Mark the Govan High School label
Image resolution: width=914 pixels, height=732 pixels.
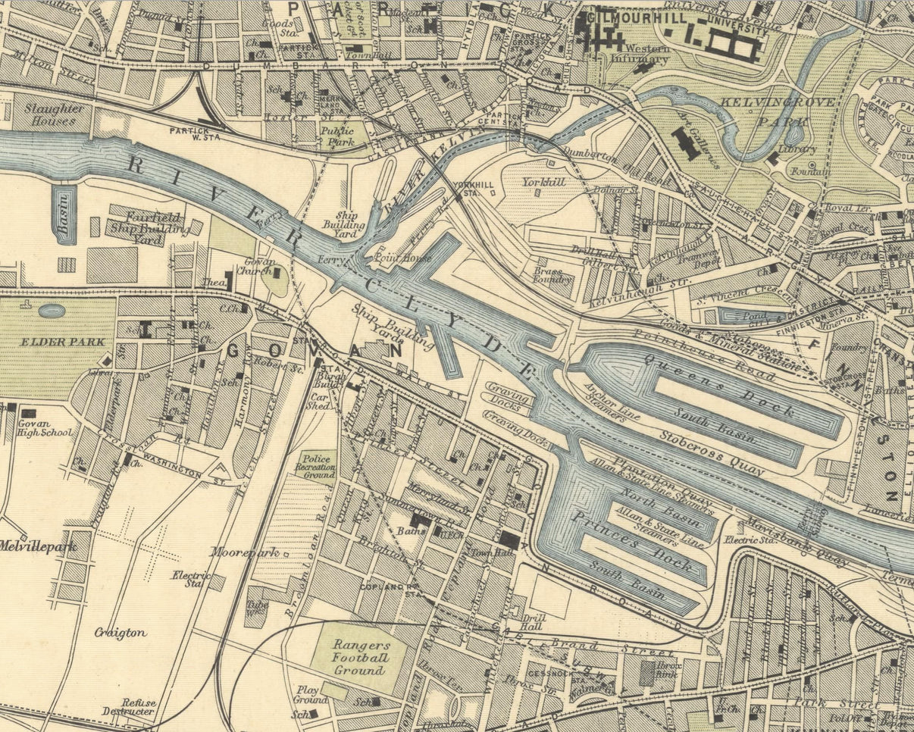click(45, 428)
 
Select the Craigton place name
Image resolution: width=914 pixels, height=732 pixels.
click(120, 632)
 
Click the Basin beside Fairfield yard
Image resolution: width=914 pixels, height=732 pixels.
click(64, 214)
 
